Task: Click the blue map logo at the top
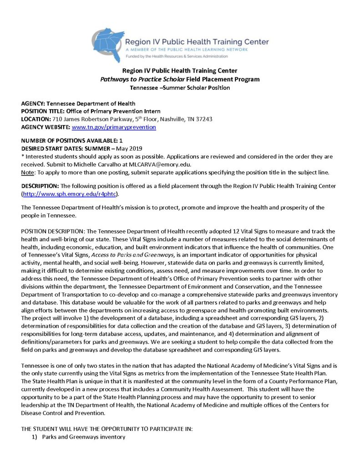coord(108,43)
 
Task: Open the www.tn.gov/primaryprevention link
coord(114,127)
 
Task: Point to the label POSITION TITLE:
coord(43,111)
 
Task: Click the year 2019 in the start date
coord(134,148)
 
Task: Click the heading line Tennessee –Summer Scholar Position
coord(180,87)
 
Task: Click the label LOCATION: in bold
coord(36,119)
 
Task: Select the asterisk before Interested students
coord(23,156)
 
